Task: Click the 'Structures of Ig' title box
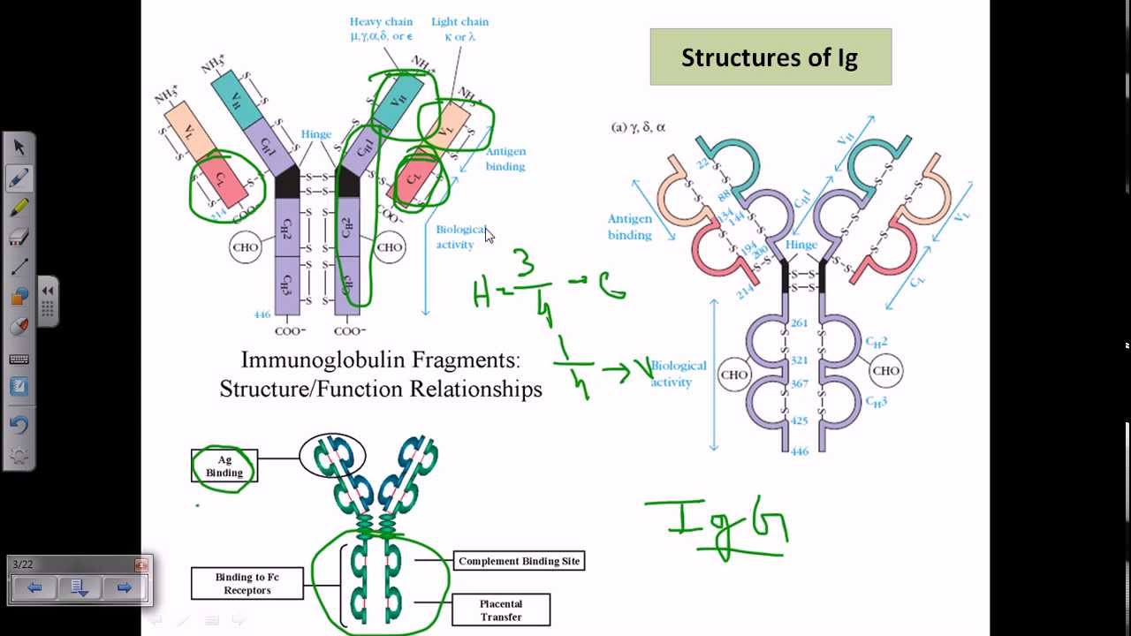(770, 57)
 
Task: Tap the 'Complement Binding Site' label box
(519, 561)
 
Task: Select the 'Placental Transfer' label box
(501, 610)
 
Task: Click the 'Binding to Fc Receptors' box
(247, 583)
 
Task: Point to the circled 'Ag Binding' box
(224, 466)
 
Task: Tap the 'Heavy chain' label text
(381, 22)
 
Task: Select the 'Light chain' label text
(459, 22)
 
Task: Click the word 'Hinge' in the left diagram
(315, 134)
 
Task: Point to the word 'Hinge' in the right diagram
(801, 245)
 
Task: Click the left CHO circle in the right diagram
(734, 375)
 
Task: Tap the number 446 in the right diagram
(800, 451)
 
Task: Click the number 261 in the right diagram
(800, 323)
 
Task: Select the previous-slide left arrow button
(34, 587)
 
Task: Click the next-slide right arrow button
(124, 587)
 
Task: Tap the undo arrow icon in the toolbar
(19, 424)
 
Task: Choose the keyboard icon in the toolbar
(19, 360)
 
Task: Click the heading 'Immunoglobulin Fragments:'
(380, 360)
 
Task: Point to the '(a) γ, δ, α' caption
(638, 127)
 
